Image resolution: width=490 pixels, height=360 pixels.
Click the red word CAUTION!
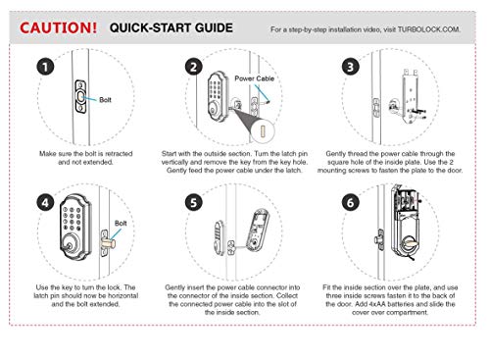tap(58, 27)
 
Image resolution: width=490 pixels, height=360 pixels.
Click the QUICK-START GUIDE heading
tap(171, 27)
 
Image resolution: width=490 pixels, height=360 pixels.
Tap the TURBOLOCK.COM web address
tap(429, 29)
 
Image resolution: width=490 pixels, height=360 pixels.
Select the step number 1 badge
tap(45, 67)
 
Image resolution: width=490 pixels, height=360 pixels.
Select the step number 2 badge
tap(193, 67)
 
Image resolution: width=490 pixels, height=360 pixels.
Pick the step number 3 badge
tap(351, 67)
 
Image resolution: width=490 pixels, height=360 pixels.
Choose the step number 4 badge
tap(45, 203)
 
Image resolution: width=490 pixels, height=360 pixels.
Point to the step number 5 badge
tap(193, 203)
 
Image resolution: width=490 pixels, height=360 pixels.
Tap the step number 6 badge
tap(351, 203)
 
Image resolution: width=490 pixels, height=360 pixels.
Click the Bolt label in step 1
tap(105, 100)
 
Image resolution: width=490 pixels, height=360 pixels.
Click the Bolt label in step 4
tap(121, 224)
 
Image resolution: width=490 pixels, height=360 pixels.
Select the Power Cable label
tap(255, 78)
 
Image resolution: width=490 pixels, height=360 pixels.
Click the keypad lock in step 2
tap(217, 97)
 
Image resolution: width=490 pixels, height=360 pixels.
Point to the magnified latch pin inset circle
tap(263, 130)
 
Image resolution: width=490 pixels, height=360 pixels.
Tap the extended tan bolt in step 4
tap(108, 243)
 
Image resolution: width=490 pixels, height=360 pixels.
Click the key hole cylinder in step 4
tap(70, 246)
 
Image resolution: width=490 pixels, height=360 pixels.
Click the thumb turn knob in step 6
tap(410, 243)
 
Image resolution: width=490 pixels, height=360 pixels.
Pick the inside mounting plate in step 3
tap(411, 97)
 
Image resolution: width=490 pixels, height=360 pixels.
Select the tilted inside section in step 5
tap(258, 231)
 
